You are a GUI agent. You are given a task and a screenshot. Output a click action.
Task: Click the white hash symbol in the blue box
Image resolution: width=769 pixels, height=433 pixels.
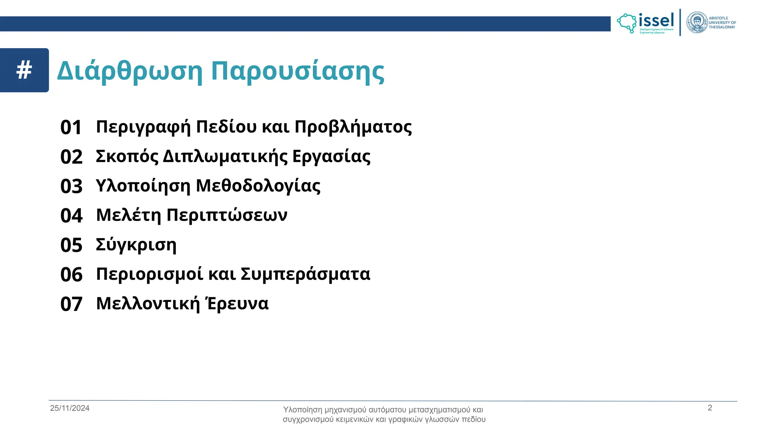tap(24, 70)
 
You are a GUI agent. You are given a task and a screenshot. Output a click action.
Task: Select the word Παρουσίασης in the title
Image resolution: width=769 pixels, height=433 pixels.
tap(297, 71)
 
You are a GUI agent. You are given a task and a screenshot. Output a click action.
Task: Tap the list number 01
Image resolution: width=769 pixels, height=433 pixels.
tap(71, 127)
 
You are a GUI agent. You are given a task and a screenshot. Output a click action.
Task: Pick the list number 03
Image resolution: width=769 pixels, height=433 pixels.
tap(71, 186)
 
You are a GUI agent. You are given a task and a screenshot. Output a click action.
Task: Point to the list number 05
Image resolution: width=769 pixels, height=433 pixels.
tap(71, 245)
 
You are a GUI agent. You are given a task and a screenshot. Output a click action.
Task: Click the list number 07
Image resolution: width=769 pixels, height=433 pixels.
tap(71, 304)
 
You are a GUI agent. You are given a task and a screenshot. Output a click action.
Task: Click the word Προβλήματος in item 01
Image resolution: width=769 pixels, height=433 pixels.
tap(353, 127)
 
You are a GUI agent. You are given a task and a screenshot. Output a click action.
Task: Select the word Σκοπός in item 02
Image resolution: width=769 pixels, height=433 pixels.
tap(127, 156)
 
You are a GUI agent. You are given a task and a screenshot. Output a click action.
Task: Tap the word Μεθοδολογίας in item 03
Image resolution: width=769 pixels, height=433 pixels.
tap(258, 186)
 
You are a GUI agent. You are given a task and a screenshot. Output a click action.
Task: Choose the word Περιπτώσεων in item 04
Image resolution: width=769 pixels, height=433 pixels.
tap(227, 215)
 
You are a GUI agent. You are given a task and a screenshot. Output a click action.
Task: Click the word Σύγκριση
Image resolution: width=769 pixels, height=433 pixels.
tap(136, 245)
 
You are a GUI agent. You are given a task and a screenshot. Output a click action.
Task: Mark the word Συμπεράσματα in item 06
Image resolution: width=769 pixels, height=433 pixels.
tap(305, 274)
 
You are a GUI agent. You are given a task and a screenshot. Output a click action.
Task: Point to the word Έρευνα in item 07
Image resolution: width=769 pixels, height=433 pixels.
tap(237, 303)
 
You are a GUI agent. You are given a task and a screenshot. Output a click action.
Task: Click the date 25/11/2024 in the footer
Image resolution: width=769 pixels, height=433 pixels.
tap(70, 408)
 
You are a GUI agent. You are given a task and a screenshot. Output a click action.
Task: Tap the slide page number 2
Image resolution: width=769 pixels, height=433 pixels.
tap(710, 408)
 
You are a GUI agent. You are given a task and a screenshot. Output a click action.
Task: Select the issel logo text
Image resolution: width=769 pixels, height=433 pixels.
tap(656, 21)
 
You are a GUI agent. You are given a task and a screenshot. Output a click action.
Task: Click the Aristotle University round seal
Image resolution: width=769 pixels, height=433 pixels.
tap(697, 23)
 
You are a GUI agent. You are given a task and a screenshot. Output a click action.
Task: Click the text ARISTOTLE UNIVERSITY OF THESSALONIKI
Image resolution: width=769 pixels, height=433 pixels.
tap(722, 23)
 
